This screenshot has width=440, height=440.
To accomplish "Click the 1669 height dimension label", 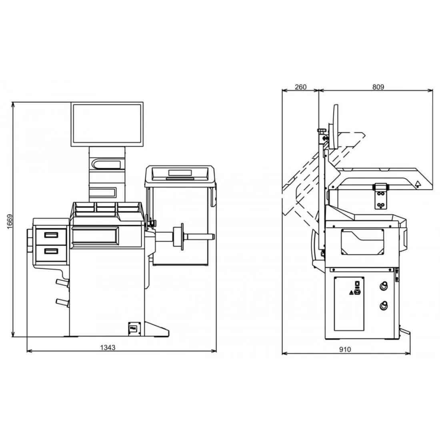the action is tap(10, 222).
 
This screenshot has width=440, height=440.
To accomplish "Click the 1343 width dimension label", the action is tap(108, 347).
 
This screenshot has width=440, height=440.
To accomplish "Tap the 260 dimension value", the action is tap(300, 87).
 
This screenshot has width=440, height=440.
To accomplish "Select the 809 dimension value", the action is tap(378, 87).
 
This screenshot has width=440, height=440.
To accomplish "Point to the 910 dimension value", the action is tap(345, 349).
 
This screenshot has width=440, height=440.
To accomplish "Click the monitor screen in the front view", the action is tap(107, 124).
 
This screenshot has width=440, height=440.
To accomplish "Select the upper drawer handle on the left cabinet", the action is tap(51, 235).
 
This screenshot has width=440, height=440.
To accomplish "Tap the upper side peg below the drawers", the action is tap(62, 282).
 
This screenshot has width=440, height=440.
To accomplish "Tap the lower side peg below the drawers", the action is tap(62, 302).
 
